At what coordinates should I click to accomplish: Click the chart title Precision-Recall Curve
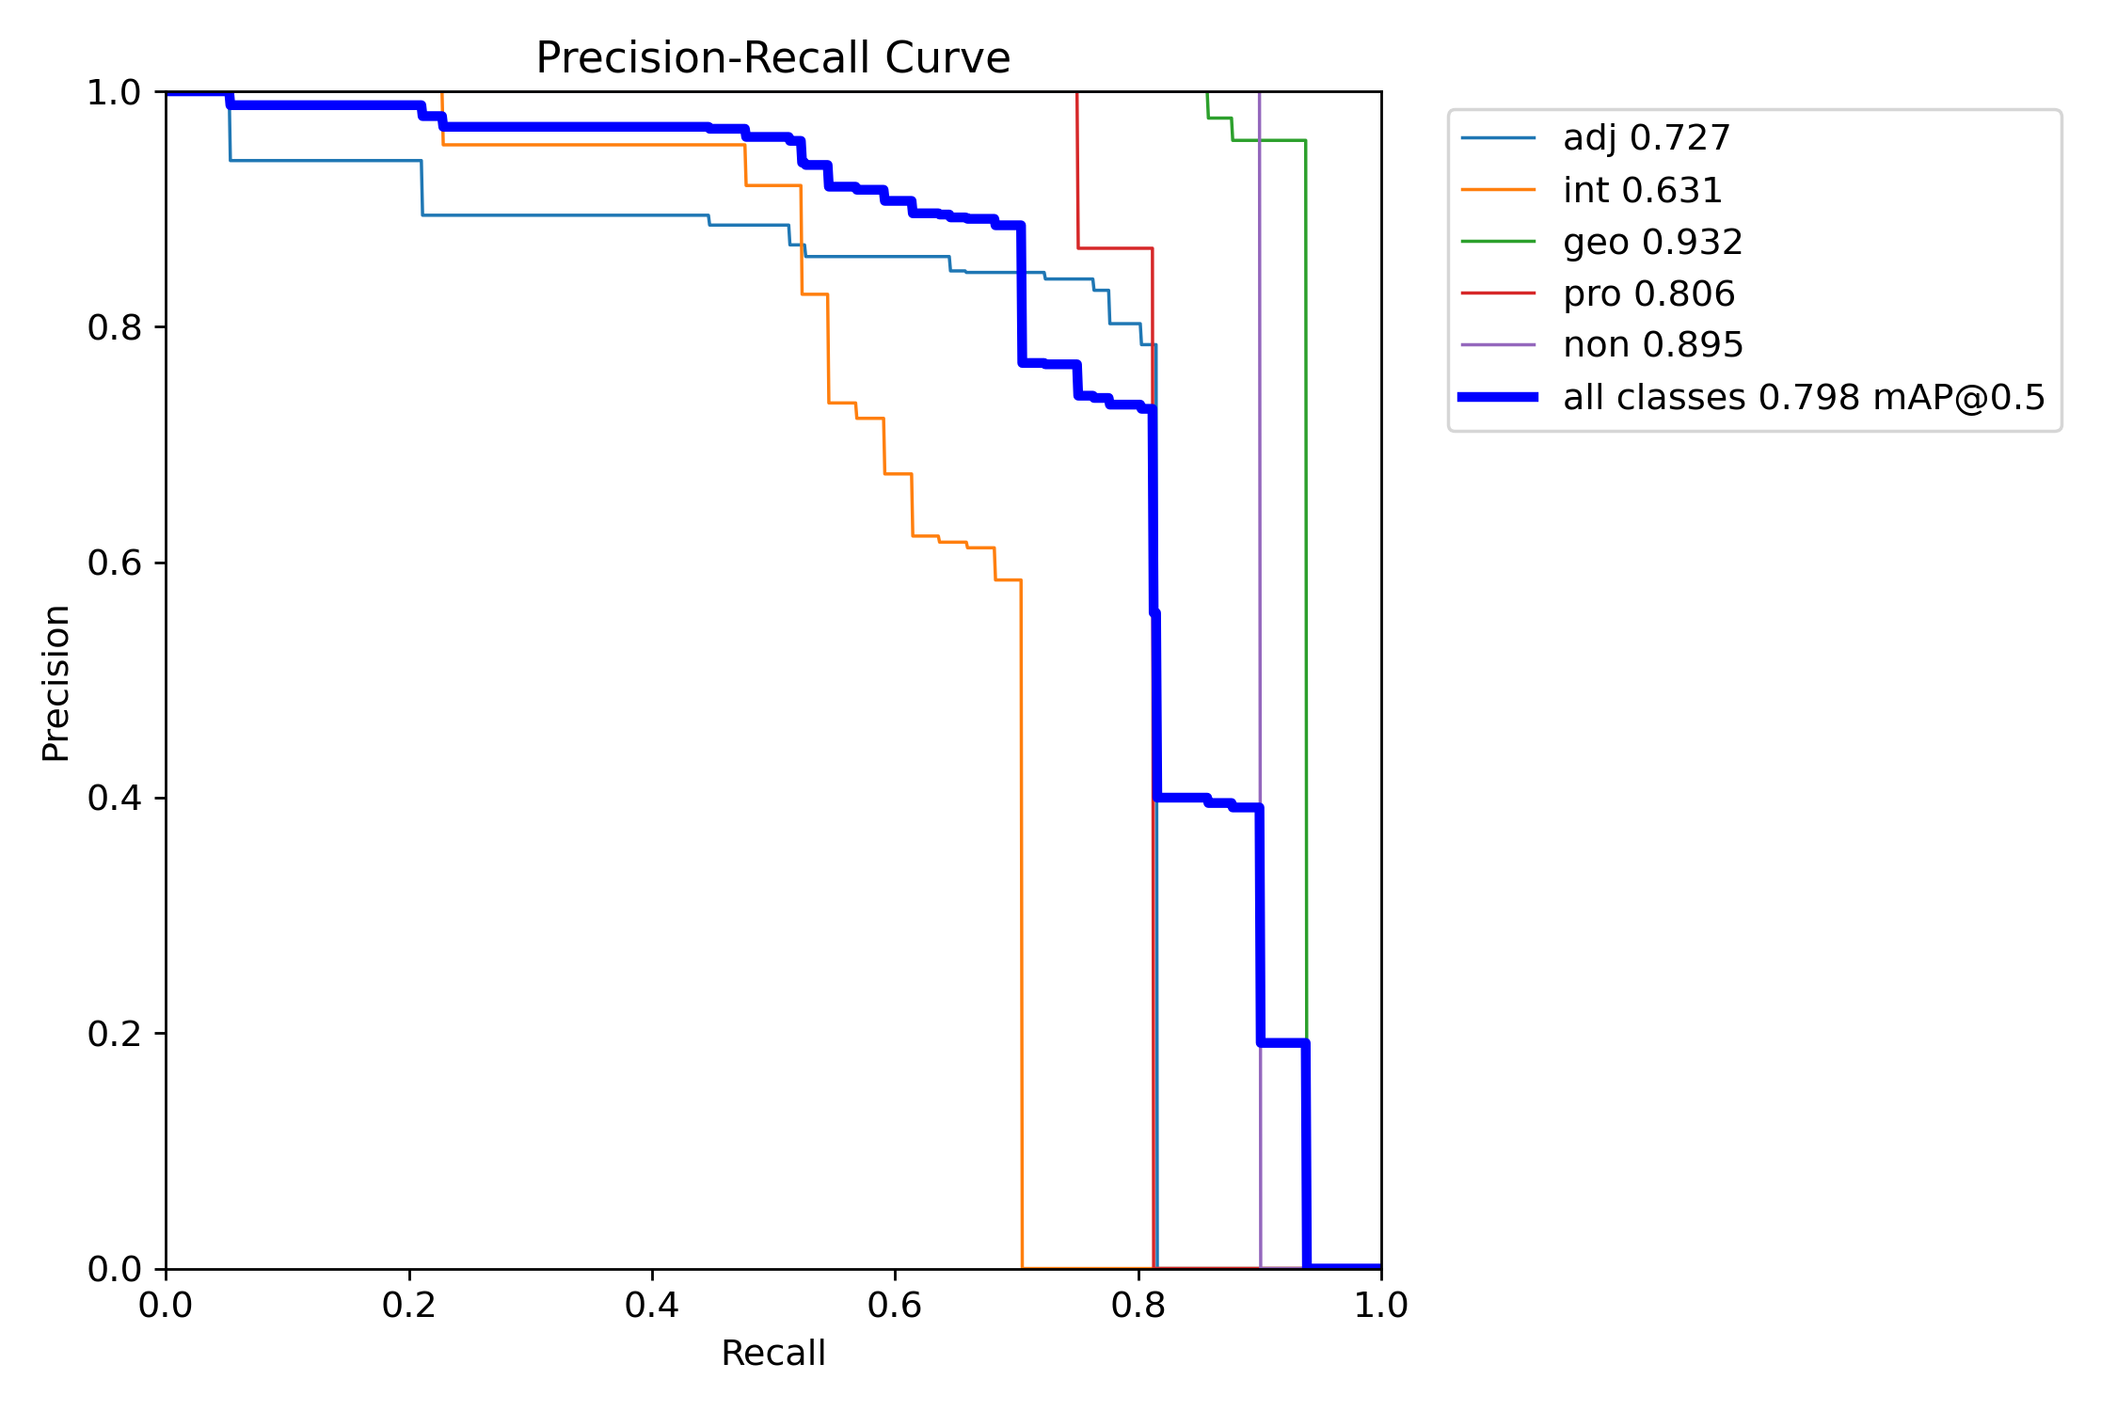point(772,58)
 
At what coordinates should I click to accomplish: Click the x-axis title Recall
point(772,1353)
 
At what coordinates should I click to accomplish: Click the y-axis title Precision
point(56,683)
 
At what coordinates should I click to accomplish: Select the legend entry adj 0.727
point(1596,138)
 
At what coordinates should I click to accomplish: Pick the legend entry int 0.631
point(1592,190)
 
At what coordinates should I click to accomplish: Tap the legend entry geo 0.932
point(1601,242)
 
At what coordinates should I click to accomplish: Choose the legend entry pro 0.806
point(1598,293)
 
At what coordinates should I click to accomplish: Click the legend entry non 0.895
point(1601,345)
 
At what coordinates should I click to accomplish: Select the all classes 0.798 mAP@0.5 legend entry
point(1752,397)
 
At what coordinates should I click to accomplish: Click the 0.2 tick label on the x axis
point(409,1305)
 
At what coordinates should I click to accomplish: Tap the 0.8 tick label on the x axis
point(1138,1305)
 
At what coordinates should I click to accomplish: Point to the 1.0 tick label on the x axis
point(1381,1305)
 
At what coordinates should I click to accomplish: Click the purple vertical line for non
point(1260,680)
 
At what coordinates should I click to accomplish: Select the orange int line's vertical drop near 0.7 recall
point(1022,924)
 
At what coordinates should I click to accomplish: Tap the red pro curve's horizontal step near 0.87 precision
point(1115,248)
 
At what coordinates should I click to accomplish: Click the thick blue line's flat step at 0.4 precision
point(1182,798)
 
